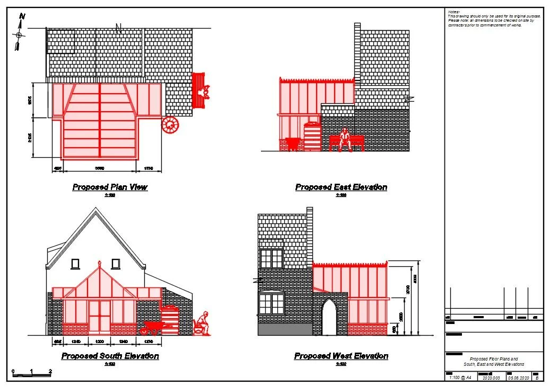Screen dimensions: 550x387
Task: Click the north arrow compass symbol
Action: pyautogui.click(x=20, y=33)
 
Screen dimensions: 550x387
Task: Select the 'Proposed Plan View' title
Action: pyautogui.click(x=110, y=187)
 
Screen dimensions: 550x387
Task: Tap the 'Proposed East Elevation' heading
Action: pyautogui.click(x=341, y=187)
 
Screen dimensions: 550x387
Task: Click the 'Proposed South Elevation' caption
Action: pyautogui.click(x=110, y=356)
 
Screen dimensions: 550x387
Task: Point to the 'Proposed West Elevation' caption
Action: pyautogui.click(x=341, y=356)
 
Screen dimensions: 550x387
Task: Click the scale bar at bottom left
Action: pyautogui.click(x=32, y=374)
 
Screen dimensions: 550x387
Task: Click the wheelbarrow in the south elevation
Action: pyautogui.click(x=152, y=328)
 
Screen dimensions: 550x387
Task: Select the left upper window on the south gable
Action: pyautogui.click(x=75, y=263)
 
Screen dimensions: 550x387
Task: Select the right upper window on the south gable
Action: pyautogui.click(x=116, y=263)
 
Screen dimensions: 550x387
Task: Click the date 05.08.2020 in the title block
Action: pyautogui.click(x=519, y=378)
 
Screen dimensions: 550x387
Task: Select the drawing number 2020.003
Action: pyautogui.click(x=491, y=378)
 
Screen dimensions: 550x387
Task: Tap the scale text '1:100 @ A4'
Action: pyautogui.click(x=459, y=377)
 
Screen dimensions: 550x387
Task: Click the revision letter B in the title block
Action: pyautogui.click(x=537, y=378)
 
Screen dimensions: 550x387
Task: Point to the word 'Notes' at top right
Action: pyautogui.click(x=453, y=12)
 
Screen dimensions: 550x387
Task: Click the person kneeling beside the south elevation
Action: pyautogui.click(x=202, y=324)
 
